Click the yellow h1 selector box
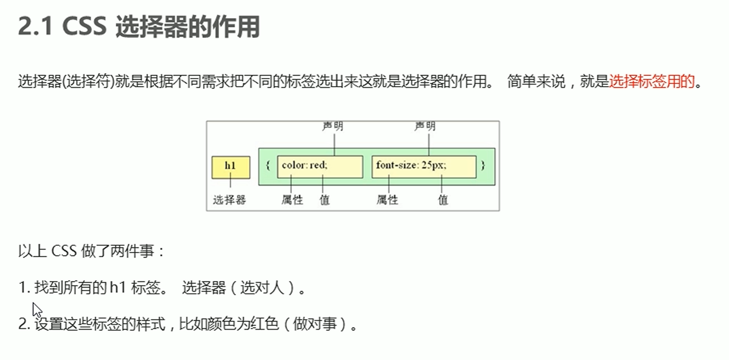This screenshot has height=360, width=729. (231, 167)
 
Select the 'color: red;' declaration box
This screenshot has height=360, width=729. (320, 167)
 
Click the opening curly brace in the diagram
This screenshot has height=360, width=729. (268, 165)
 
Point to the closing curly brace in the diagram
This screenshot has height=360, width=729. (483, 165)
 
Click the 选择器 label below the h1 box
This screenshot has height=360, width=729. (230, 200)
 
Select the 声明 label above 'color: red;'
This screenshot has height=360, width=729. (333, 126)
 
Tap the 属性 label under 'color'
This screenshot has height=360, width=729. (292, 200)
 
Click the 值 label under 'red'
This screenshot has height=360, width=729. (324, 200)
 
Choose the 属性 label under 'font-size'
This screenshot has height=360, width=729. (387, 200)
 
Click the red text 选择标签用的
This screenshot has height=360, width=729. (652, 81)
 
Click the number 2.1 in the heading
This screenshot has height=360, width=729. (35, 27)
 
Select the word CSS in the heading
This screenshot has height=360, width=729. (84, 27)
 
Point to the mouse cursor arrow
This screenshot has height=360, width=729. (37, 309)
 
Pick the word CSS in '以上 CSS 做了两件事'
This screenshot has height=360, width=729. (64, 251)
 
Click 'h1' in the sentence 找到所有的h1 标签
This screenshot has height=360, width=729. (117, 288)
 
